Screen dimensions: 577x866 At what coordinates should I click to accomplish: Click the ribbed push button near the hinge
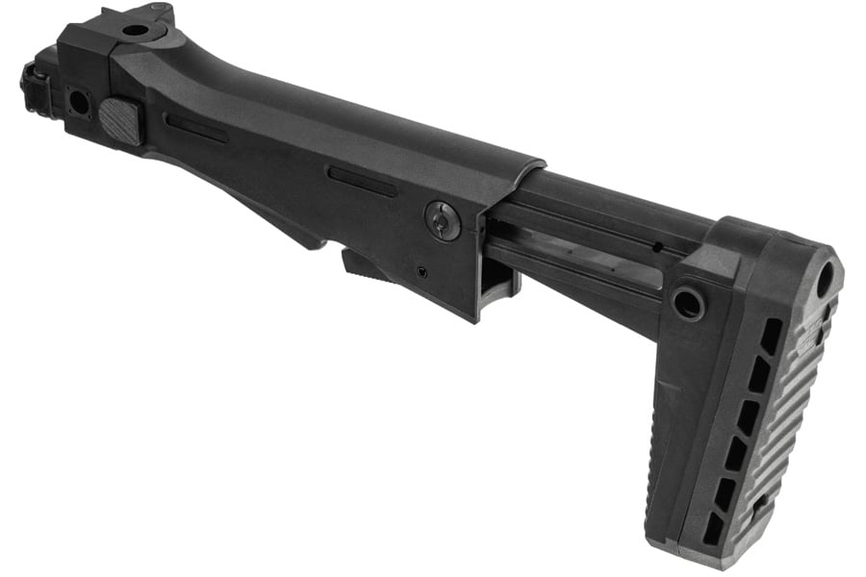click(x=122, y=121)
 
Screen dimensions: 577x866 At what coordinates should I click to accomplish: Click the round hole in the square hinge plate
click(x=77, y=100)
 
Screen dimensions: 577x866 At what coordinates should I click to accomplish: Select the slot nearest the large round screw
click(x=361, y=181)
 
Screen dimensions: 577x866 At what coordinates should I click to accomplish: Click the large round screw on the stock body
click(x=443, y=221)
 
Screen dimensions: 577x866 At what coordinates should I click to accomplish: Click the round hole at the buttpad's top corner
click(x=826, y=279)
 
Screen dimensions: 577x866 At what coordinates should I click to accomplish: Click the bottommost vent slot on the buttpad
click(x=713, y=526)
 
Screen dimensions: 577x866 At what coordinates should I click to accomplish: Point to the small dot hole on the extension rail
click(x=657, y=247)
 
